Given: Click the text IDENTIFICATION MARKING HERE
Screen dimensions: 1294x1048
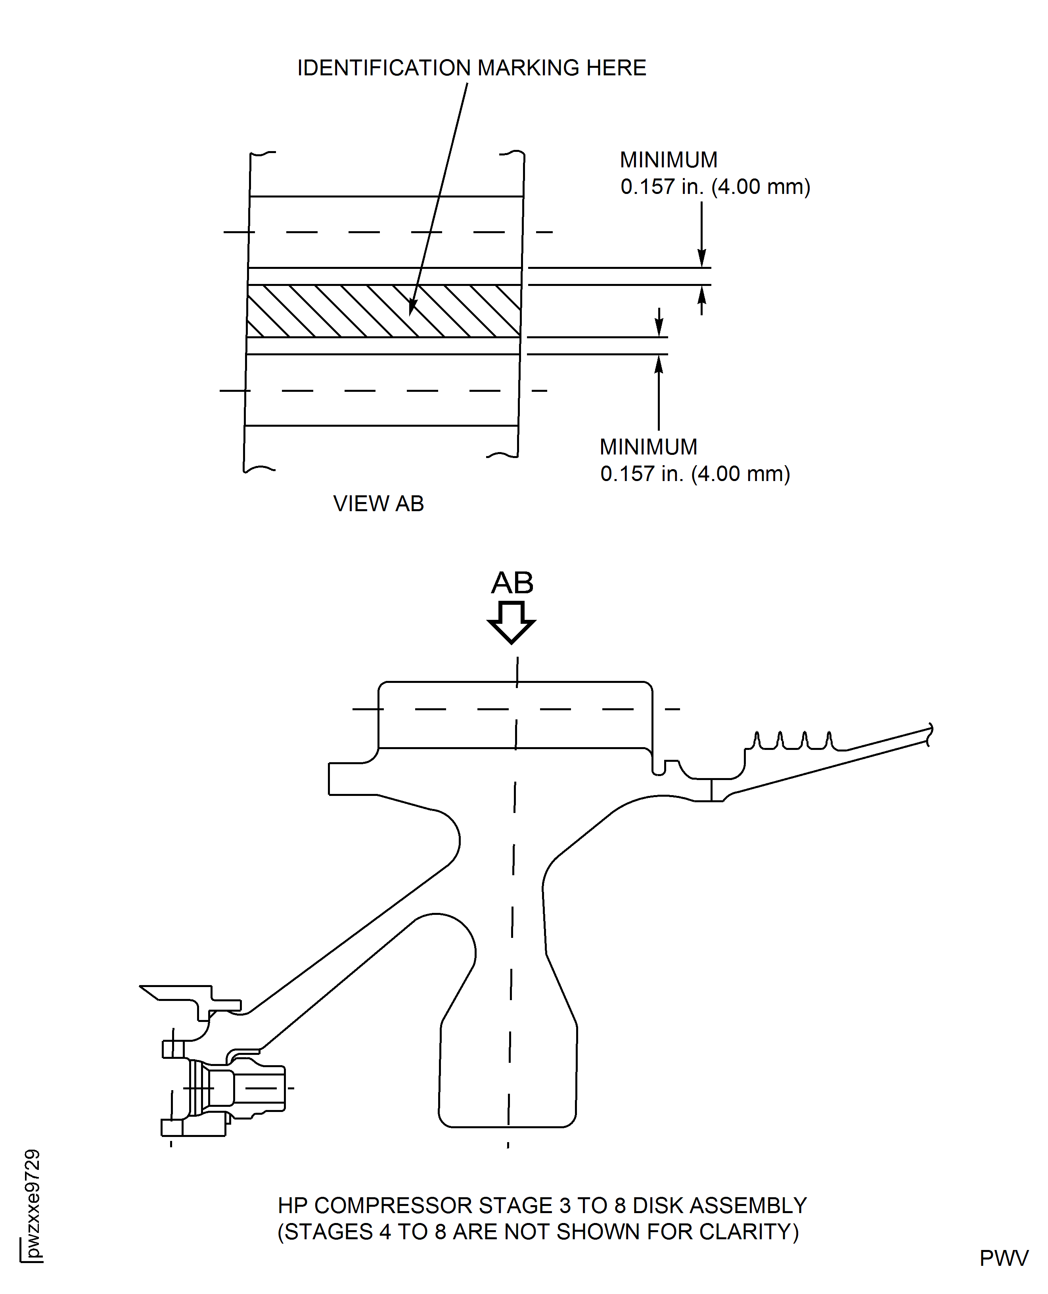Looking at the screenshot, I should (x=471, y=68).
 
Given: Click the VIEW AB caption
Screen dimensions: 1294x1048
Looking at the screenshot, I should (x=379, y=504).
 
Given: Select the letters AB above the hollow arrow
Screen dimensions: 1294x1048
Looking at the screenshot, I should (x=512, y=583).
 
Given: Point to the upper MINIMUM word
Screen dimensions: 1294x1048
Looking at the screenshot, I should (x=668, y=160).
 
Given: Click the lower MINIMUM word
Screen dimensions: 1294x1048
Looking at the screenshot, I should (x=648, y=447).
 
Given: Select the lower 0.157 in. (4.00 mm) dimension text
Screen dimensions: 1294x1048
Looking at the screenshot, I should (x=695, y=474).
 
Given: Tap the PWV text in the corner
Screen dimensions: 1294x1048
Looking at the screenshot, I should (x=1003, y=1258).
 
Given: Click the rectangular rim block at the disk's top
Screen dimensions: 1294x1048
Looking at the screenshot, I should (x=515, y=715).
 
